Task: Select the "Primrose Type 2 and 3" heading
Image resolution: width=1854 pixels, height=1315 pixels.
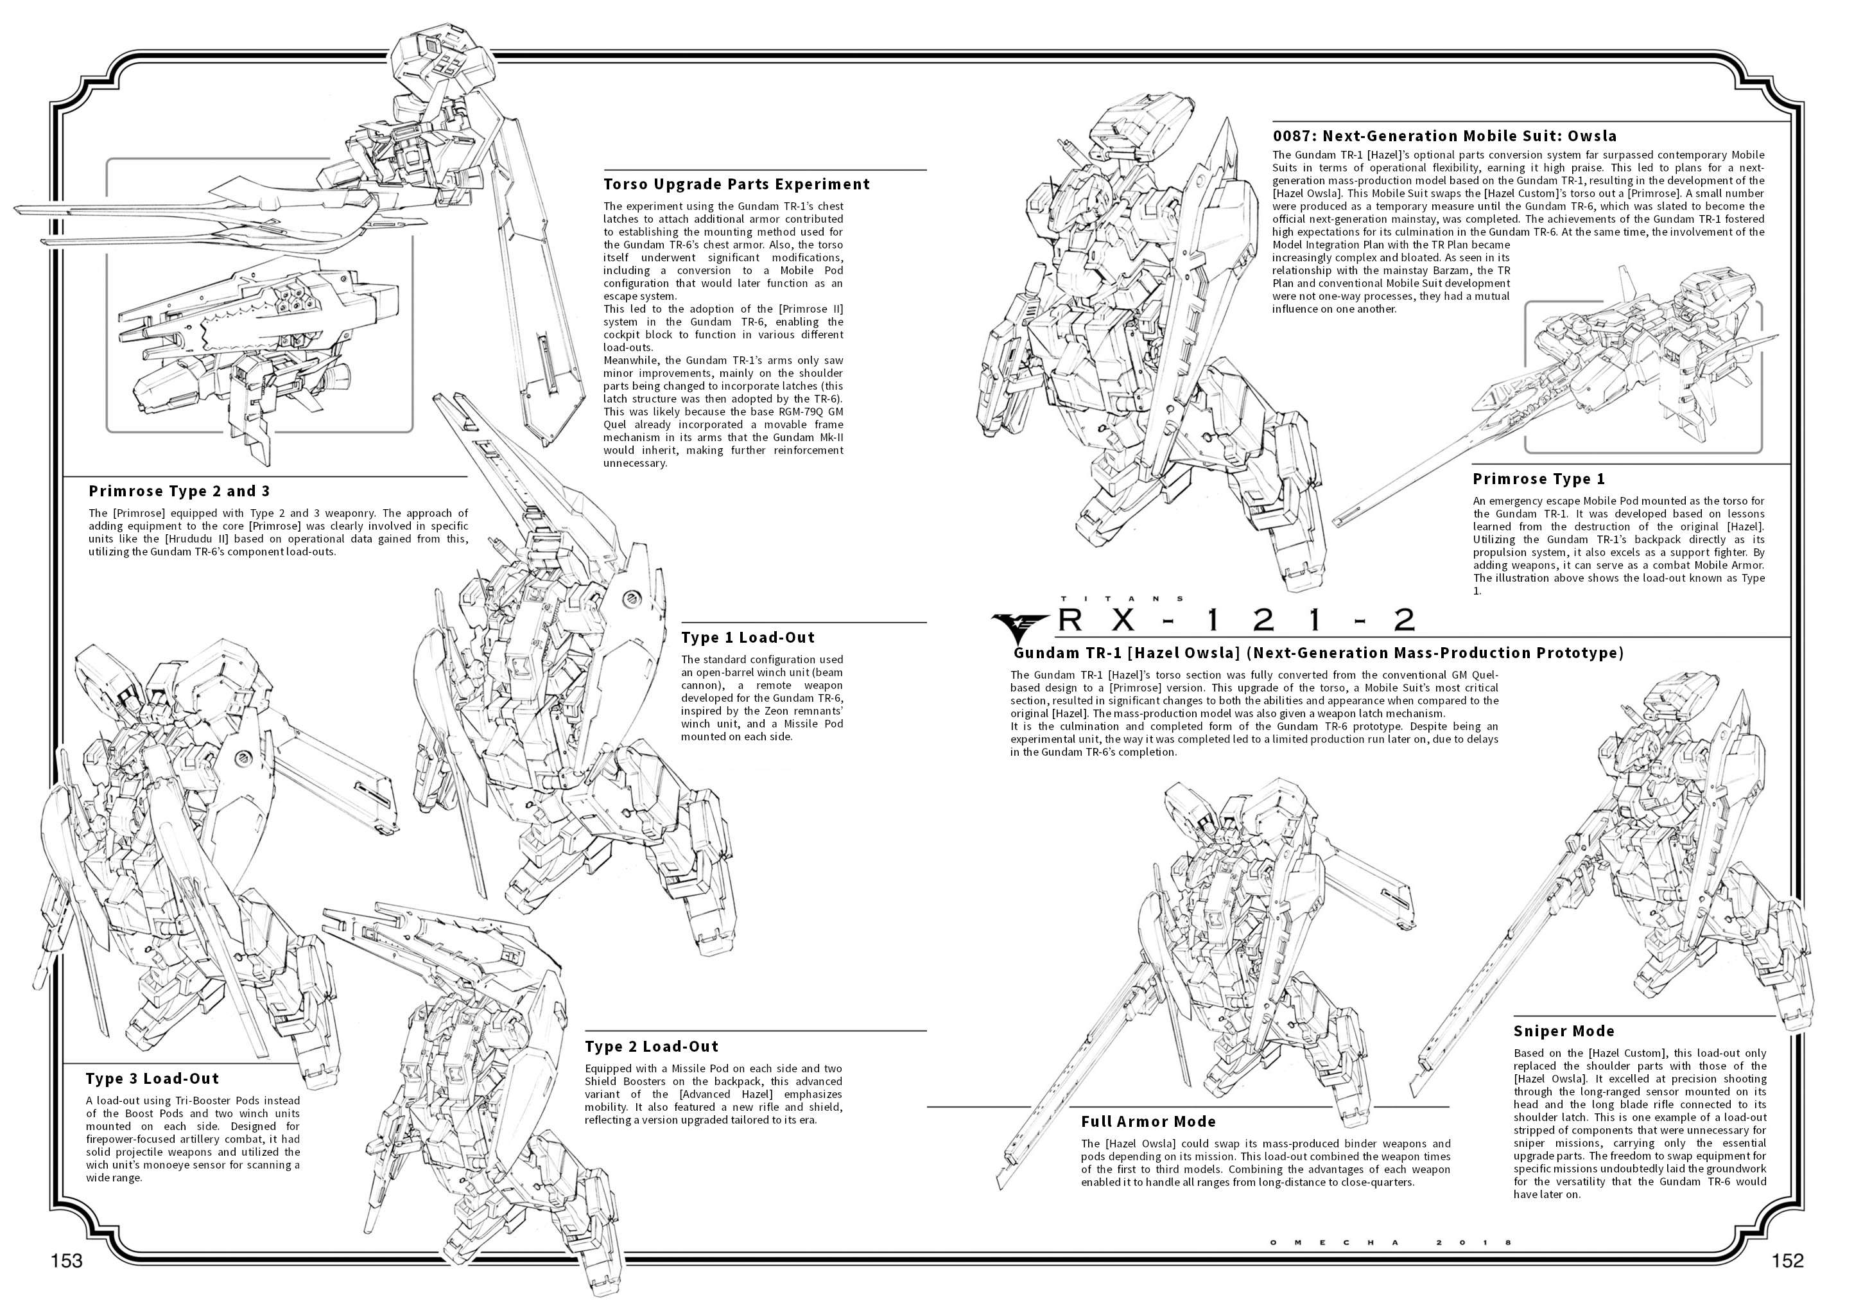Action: pos(179,491)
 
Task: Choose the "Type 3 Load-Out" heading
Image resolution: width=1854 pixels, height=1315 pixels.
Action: pos(152,1079)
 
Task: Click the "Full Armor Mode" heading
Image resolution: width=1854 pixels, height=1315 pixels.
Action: pos(1148,1122)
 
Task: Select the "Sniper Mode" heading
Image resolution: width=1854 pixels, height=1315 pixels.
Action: pos(1563,1031)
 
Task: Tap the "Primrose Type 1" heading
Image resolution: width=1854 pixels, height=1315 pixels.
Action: pos(1538,478)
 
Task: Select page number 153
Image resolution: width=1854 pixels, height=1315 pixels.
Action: pos(66,1261)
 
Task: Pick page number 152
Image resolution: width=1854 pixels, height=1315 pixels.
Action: pos(1788,1261)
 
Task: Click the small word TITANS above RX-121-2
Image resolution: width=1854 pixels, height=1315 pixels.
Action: pos(1122,598)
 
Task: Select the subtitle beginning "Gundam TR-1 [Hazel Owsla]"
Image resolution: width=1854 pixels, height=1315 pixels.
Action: pos(1319,652)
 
